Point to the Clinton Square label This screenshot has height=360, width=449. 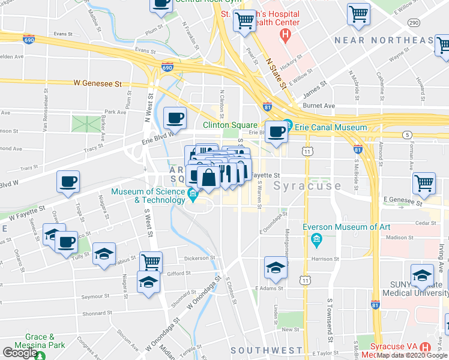[x=230, y=125]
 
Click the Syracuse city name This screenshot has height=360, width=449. [x=307, y=186]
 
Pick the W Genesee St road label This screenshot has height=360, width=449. [x=98, y=84]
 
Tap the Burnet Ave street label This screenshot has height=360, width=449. [x=319, y=105]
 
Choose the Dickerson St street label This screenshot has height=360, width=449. [x=199, y=259]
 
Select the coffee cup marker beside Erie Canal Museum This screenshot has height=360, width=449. [x=276, y=131]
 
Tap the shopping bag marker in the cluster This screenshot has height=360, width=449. [x=208, y=178]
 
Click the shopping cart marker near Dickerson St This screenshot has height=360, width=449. [x=151, y=262]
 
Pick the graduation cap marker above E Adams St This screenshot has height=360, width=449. [x=276, y=268]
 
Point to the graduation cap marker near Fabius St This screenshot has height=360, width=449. [x=104, y=254]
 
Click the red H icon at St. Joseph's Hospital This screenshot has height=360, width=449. [x=286, y=34]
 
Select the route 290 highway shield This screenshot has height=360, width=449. [x=413, y=22]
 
